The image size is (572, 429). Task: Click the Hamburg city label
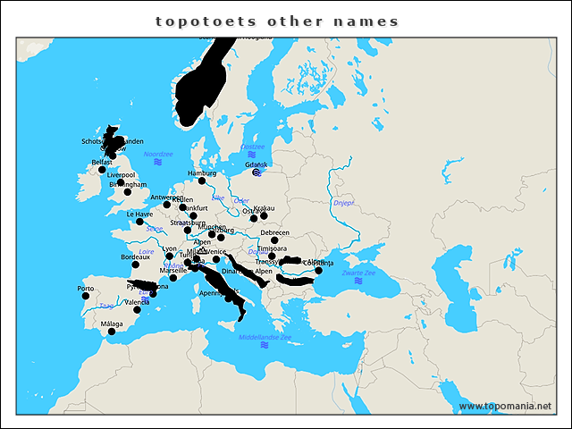[x=202, y=172]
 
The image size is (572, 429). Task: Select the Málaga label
[x=112, y=324]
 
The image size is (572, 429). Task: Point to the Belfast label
[x=103, y=162]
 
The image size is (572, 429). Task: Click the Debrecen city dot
[x=274, y=240]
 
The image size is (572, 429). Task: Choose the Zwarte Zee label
[x=358, y=272]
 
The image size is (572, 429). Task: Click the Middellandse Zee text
[x=265, y=337]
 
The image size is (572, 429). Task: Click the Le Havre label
[x=139, y=214]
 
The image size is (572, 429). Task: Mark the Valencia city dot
[x=138, y=310]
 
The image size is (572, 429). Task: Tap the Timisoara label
[x=273, y=248]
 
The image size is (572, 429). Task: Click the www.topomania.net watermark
[x=505, y=406]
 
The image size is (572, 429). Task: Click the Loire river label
[x=147, y=252]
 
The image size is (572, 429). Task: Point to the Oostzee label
[x=253, y=147]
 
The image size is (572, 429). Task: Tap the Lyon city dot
[x=170, y=256]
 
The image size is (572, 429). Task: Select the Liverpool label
[x=120, y=175]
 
